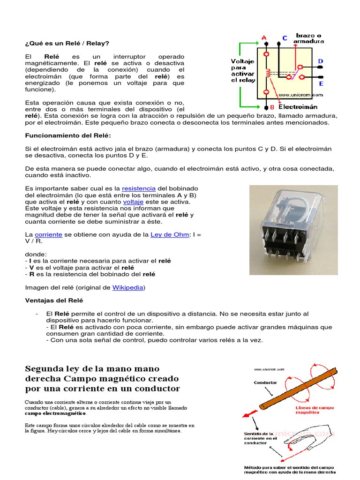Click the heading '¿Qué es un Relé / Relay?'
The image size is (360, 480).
click(67, 43)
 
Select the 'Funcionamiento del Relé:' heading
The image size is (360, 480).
click(68, 135)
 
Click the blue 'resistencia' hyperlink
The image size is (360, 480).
click(139, 188)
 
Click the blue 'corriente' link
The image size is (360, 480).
click(48, 234)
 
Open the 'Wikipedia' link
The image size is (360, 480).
click(127, 287)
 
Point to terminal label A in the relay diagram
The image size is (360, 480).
click(264, 38)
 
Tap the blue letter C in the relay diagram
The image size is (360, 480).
click(285, 38)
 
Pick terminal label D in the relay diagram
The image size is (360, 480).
click(321, 61)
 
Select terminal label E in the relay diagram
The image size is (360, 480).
click(321, 84)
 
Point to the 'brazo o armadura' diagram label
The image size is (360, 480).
click(308, 38)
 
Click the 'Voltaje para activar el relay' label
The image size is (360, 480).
click(243, 70)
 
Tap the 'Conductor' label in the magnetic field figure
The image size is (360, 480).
click(265, 382)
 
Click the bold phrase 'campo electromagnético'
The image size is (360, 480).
click(55, 414)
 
